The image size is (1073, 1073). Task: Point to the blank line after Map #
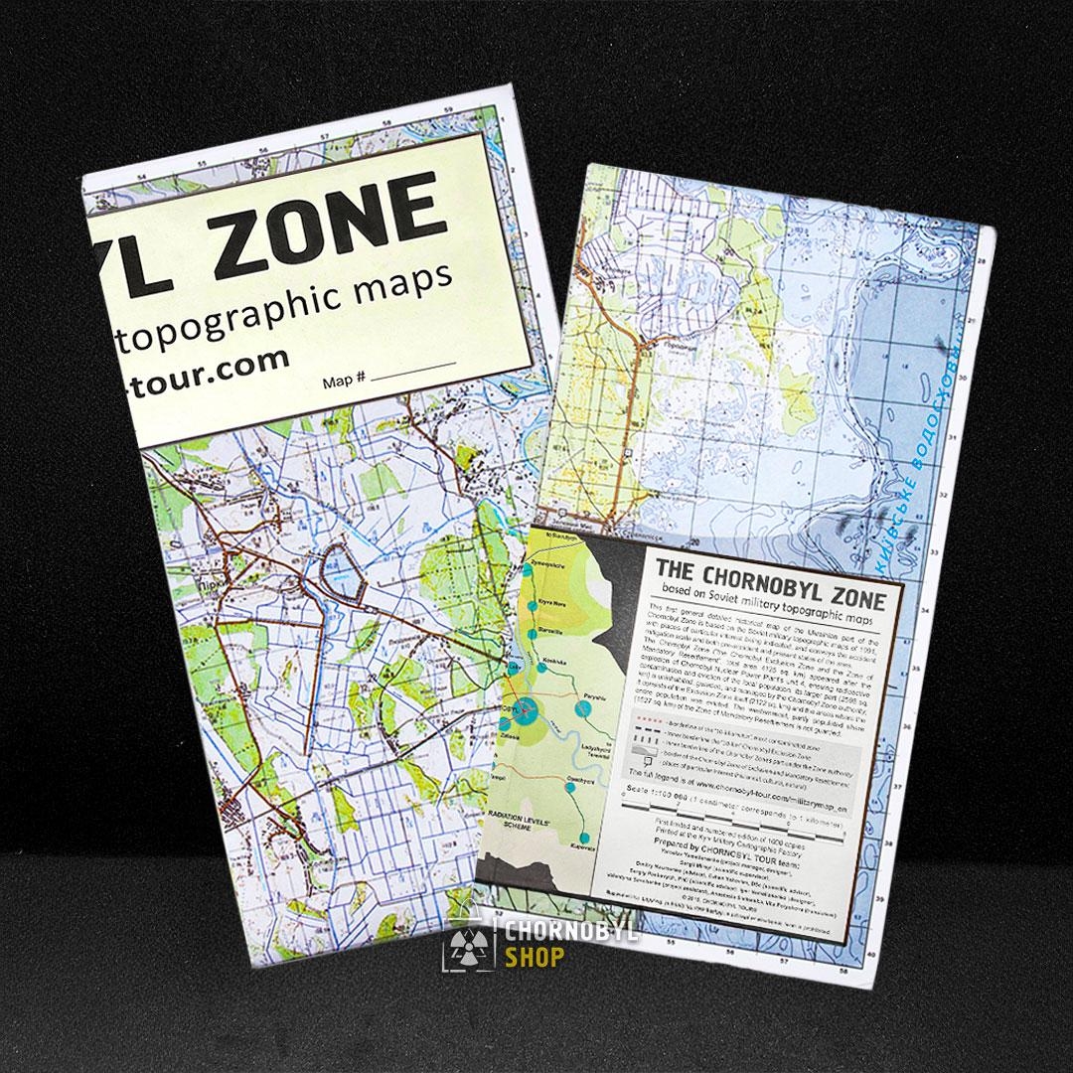[x=414, y=372]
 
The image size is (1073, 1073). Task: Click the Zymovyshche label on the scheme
[x=556, y=562]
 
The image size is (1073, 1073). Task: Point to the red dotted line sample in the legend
[x=636, y=717]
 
